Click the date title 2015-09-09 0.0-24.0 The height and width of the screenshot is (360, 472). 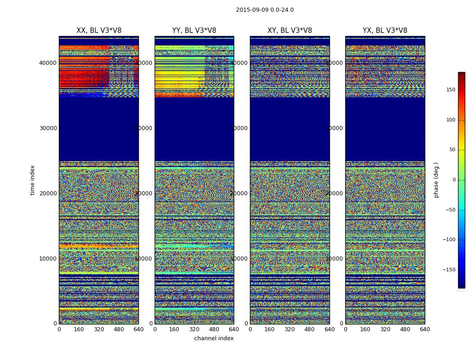(x=265, y=10)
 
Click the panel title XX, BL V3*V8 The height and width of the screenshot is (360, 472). (x=99, y=31)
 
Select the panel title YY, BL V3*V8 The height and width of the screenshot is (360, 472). (x=194, y=31)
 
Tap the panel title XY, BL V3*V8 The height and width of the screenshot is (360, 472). (x=289, y=31)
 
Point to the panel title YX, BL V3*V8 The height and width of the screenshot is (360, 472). (x=385, y=31)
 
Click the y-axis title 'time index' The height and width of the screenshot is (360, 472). (x=32, y=180)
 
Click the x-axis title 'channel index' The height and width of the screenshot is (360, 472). (x=214, y=338)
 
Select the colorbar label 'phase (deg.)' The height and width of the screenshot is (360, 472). (x=436, y=180)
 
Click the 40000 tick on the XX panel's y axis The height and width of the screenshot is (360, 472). (x=48, y=63)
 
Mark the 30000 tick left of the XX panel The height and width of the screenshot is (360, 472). (x=48, y=128)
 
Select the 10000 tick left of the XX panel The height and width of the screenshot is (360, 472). (x=48, y=259)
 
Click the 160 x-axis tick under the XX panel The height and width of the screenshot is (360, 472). (x=79, y=329)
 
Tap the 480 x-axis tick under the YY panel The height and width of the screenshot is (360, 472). (x=214, y=329)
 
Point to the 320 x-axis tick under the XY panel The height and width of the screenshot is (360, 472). (x=289, y=329)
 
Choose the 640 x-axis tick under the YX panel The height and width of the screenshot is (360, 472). (x=425, y=329)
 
